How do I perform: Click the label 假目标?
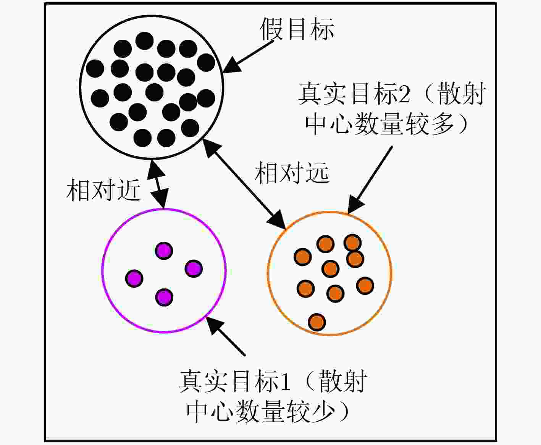[x=297, y=29]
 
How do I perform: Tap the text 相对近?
[x=103, y=190]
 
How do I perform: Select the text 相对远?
[x=292, y=172]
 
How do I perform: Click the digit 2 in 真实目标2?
[x=404, y=93]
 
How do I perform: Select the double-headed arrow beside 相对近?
[x=158, y=184]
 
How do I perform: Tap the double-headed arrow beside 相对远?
[x=244, y=184]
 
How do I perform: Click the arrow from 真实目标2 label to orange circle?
[x=370, y=180]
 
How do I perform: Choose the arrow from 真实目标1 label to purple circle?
[x=226, y=337]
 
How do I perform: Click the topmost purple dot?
[x=164, y=251]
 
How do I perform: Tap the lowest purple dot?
[x=164, y=297]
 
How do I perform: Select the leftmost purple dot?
[x=134, y=278]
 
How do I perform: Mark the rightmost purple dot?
[x=194, y=269]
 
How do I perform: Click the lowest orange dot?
[x=317, y=322]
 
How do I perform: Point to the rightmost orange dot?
[x=365, y=286]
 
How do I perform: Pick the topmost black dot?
[x=144, y=41]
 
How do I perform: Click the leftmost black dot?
[x=95, y=68]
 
